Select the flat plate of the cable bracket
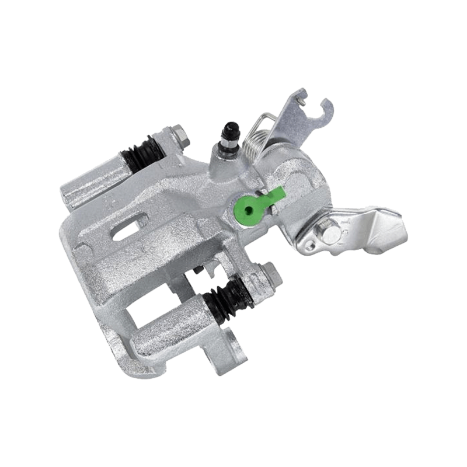[295, 128]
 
